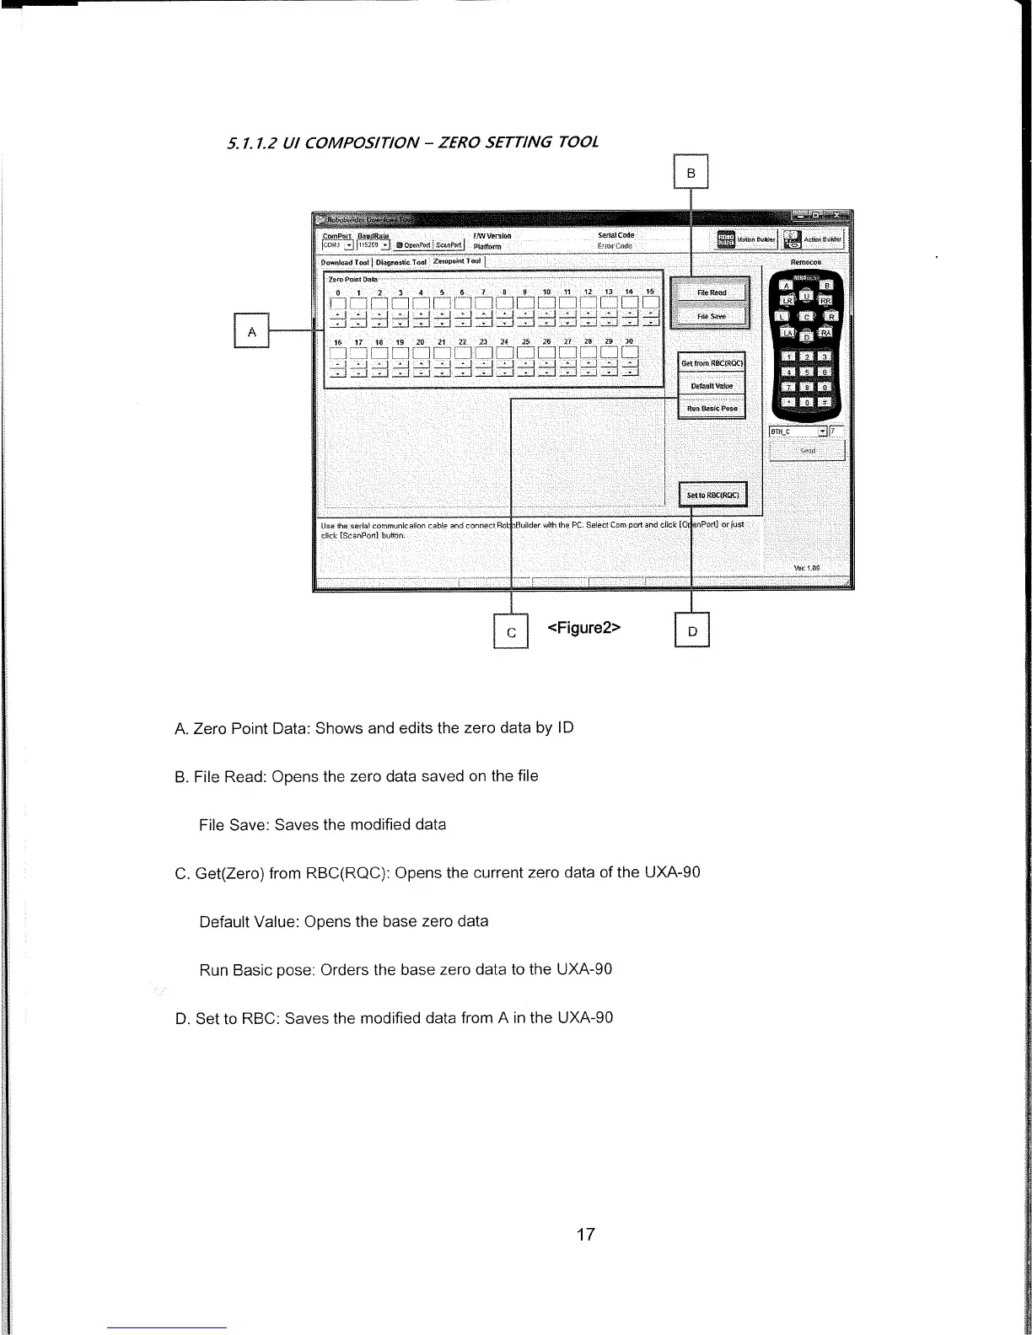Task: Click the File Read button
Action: coord(710,292)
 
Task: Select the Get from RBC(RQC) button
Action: coord(712,363)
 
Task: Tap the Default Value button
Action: coord(712,386)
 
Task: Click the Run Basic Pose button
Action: coord(712,408)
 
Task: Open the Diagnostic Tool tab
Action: coord(401,261)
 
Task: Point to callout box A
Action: coord(251,331)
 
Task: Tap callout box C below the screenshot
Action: coord(510,630)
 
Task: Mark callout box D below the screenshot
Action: coord(692,630)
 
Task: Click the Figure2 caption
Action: coord(584,628)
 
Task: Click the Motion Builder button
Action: coord(744,239)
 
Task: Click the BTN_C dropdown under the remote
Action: coord(798,432)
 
